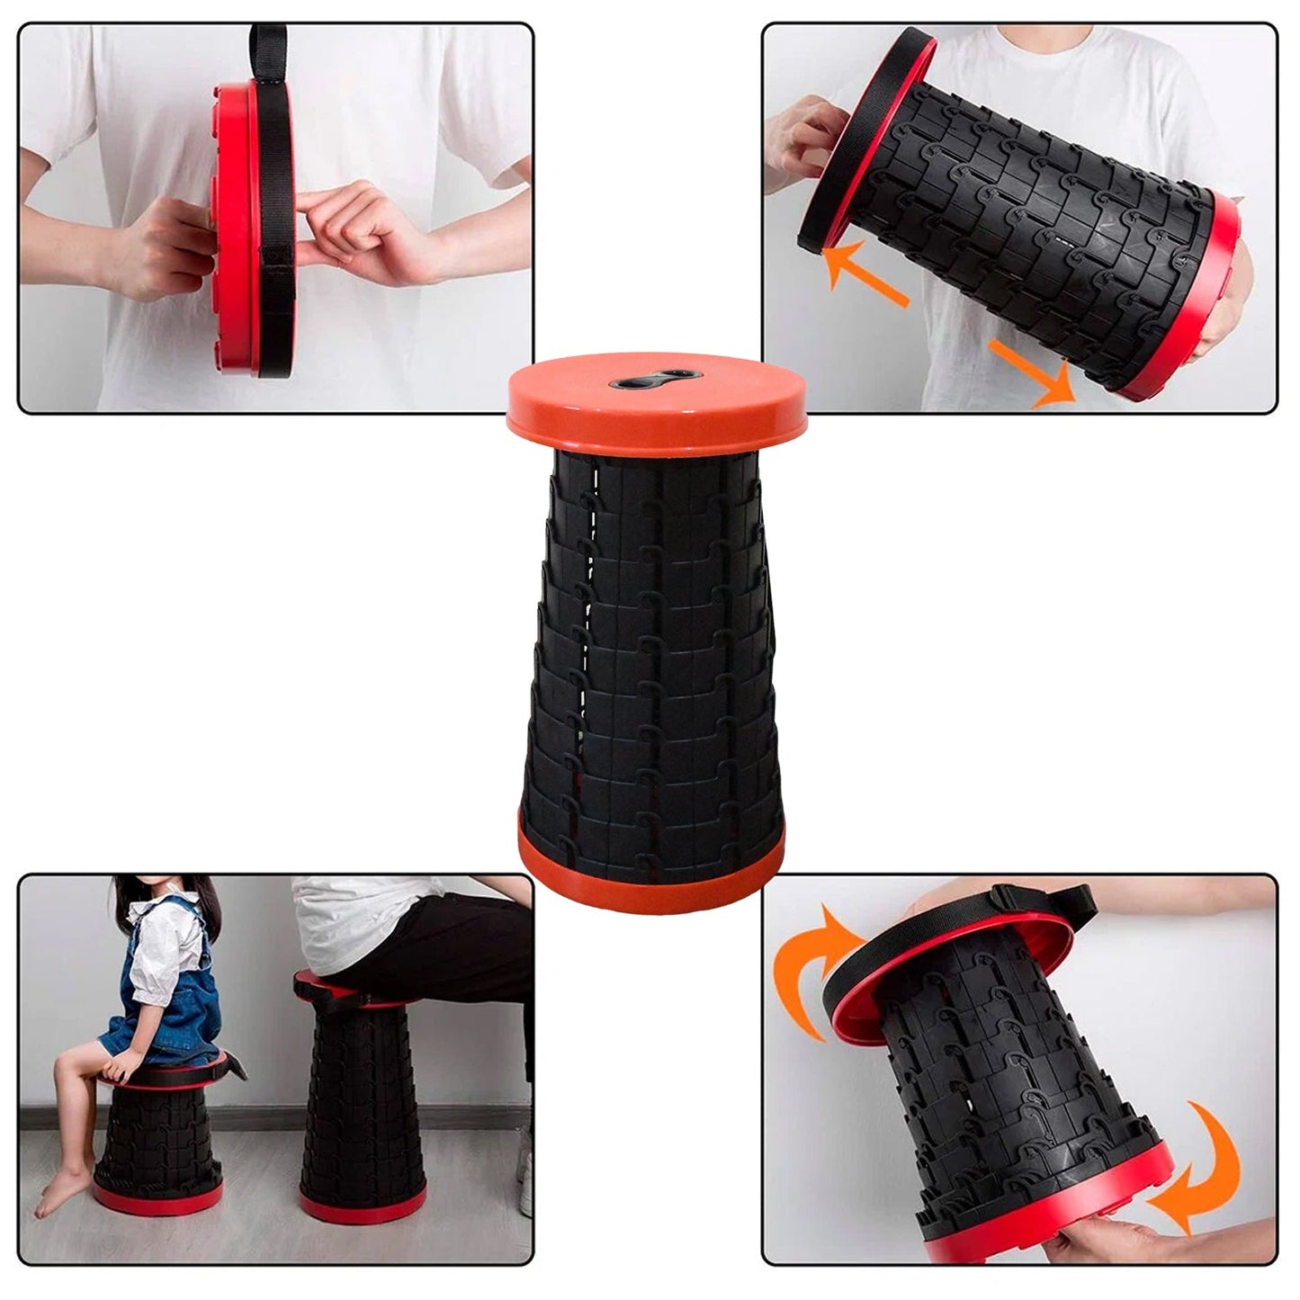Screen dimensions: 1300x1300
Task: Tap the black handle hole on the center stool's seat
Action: [646, 381]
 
